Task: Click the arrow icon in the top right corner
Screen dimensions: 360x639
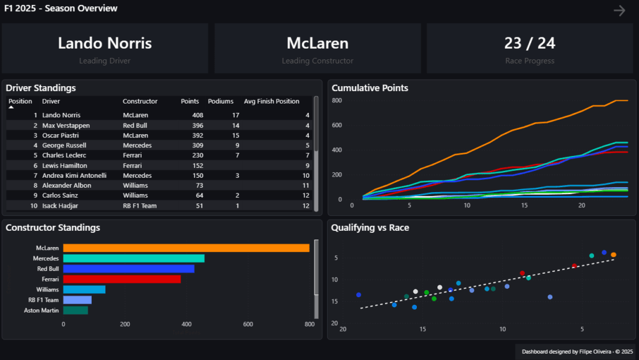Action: point(619,11)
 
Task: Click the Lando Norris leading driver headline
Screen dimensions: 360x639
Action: point(105,43)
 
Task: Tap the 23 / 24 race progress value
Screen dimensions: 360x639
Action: point(529,43)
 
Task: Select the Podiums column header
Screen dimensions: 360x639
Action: point(220,101)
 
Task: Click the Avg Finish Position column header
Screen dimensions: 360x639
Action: point(271,101)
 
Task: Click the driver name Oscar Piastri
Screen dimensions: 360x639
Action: point(62,135)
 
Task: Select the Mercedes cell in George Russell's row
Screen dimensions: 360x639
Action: point(136,145)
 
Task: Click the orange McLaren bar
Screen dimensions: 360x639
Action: point(186,248)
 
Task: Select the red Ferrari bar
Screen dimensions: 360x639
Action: point(122,279)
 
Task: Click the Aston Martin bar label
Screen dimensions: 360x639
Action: point(41,310)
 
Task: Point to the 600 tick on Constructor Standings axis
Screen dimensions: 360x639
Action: point(248,324)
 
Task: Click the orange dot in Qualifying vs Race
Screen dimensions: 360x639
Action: point(613,255)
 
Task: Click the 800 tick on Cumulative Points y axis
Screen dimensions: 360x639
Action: point(337,100)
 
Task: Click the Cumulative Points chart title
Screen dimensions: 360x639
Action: point(370,88)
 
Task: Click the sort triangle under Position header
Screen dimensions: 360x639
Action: point(11,107)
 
